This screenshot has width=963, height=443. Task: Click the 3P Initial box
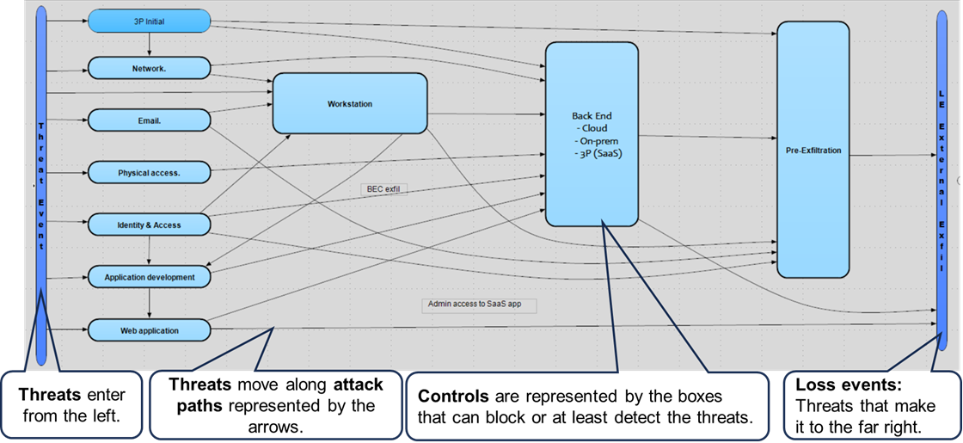click(150, 22)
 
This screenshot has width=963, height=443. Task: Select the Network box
click(150, 68)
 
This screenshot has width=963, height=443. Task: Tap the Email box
click(150, 120)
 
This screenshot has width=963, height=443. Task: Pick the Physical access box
click(150, 172)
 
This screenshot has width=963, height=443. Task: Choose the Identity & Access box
click(150, 225)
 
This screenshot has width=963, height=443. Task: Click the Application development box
click(150, 278)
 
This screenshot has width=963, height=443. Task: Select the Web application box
click(150, 329)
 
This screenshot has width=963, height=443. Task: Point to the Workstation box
click(350, 103)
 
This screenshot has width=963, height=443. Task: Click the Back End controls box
click(592, 133)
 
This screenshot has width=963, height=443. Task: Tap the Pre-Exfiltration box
click(813, 151)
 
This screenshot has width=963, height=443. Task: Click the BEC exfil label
click(383, 188)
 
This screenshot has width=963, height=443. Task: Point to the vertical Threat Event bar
click(40, 172)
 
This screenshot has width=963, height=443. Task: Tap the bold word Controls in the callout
click(445, 397)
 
